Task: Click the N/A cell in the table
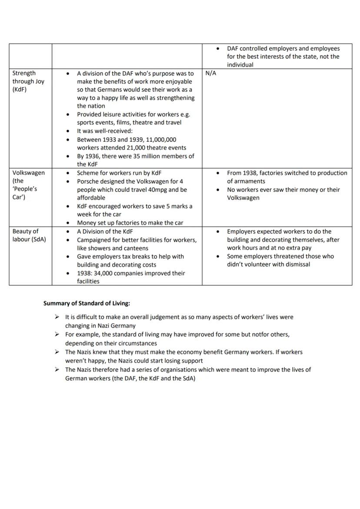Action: tap(210, 73)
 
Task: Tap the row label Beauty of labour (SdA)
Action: tap(29, 235)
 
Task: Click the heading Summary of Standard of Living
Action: tap(87, 303)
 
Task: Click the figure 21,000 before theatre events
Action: tap(131, 148)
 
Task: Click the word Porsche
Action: tap(88, 181)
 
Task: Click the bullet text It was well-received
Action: tap(105, 131)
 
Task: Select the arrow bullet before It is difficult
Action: tap(57, 317)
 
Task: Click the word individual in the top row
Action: tap(240, 65)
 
